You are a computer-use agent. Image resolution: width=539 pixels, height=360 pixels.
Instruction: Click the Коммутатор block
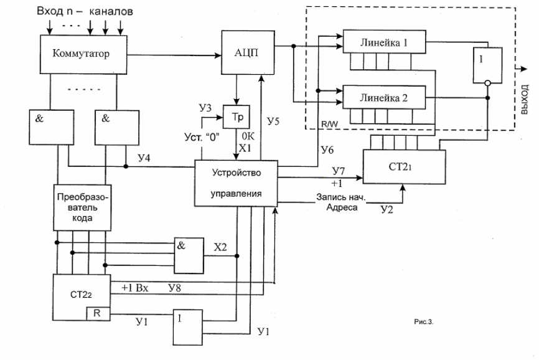coord(83,54)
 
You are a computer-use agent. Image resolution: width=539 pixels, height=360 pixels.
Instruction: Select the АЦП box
coord(248,52)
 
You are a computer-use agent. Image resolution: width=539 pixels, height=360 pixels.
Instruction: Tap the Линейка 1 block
coord(384,42)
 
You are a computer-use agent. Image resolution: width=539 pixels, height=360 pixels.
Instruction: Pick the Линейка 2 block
coord(384,97)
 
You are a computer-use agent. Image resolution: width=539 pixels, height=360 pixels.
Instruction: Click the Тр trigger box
coord(237,116)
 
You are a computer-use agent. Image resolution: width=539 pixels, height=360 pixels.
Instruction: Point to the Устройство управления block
coord(236,183)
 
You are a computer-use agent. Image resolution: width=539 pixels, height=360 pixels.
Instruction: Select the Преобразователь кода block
coord(83,207)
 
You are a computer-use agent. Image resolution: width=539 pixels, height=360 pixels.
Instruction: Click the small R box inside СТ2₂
coord(98,313)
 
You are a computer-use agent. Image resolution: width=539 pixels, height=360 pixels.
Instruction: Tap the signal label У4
coord(144,158)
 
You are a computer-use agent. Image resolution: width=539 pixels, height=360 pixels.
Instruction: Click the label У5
coord(273,121)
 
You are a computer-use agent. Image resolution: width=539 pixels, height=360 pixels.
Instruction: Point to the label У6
coord(327,149)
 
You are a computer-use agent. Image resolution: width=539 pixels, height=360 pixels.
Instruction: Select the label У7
coord(339,171)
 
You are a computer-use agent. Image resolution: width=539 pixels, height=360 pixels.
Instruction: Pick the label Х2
coord(220,247)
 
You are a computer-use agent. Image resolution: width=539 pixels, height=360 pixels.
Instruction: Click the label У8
coord(175,288)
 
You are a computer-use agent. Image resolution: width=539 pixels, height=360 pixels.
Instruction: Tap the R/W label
coord(330,124)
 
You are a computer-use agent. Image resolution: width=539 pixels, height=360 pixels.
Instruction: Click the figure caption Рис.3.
coord(424,322)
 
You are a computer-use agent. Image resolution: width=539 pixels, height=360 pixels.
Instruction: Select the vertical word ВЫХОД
coord(524,100)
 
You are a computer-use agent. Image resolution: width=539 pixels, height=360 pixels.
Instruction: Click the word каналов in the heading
coord(111,12)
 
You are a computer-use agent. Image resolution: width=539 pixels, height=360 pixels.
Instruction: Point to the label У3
coord(205,108)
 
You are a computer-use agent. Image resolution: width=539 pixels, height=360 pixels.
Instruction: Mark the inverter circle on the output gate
coord(487,83)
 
